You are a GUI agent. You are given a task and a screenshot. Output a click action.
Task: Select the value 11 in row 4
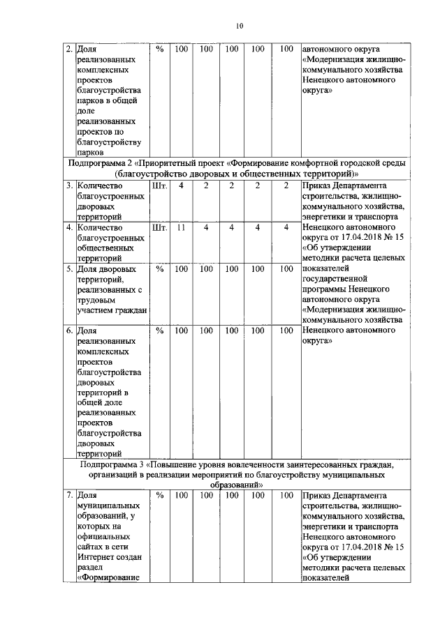click(x=181, y=227)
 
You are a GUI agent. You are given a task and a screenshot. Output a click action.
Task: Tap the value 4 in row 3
click(x=181, y=186)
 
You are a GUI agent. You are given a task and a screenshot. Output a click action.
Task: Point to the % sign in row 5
click(x=159, y=268)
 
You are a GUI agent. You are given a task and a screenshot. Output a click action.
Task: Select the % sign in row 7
click(x=159, y=496)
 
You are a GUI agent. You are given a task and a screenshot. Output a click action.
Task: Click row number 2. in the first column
click(x=68, y=50)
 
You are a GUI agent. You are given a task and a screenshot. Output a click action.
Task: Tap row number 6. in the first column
click(x=68, y=330)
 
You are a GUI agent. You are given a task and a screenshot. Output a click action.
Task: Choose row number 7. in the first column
click(x=68, y=496)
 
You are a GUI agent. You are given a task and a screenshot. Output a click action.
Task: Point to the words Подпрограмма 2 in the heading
click(x=103, y=163)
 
